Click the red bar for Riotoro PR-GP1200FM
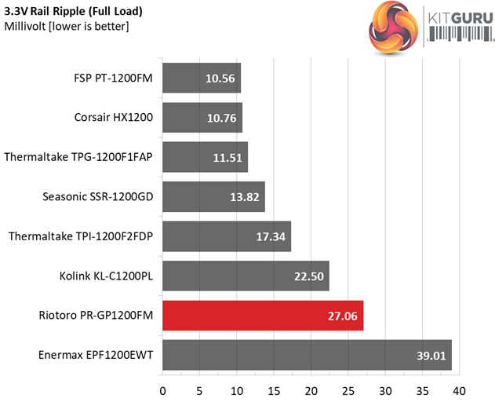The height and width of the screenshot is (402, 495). [x=262, y=315]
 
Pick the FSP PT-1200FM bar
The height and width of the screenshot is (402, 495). [x=201, y=77]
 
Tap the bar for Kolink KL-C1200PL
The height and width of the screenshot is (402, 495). [x=245, y=276]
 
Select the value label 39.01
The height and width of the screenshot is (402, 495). [x=431, y=355]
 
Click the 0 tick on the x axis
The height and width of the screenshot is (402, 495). [x=162, y=390]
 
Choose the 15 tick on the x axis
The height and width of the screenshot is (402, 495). [x=274, y=390]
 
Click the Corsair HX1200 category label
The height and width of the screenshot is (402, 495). [x=111, y=117]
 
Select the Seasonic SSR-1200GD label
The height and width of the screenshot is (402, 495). [x=98, y=196]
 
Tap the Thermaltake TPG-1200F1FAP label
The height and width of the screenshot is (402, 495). [x=78, y=156]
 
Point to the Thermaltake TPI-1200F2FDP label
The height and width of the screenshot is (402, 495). [x=80, y=236]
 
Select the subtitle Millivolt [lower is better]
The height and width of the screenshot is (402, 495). [x=67, y=27]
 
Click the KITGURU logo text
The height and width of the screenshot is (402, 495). [x=458, y=24]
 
